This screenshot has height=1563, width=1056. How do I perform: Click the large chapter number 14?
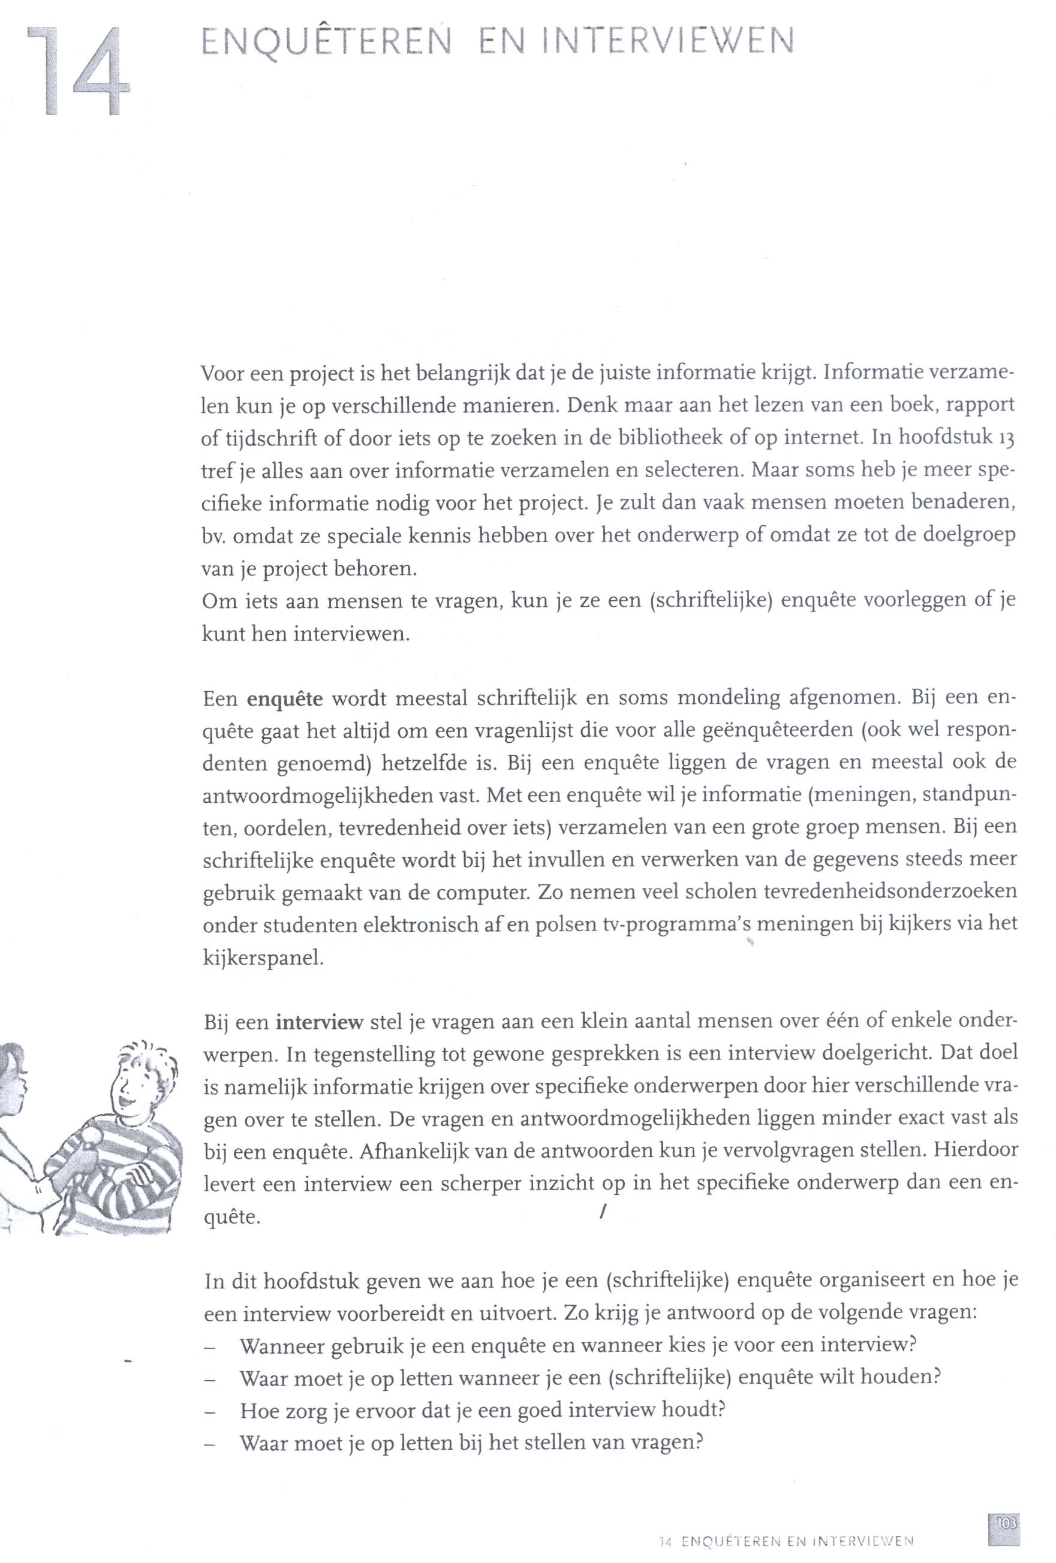77,73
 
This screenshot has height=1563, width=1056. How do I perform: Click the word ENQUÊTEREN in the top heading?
326,44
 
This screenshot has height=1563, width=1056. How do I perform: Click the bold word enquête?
285,700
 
